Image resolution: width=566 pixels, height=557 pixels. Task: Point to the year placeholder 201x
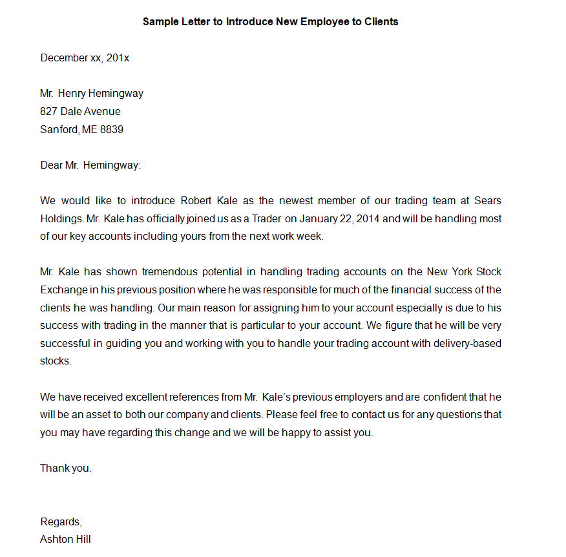[118, 58]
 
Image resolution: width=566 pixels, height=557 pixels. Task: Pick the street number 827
[48, 111]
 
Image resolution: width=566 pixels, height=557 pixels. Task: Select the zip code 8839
[112, 129]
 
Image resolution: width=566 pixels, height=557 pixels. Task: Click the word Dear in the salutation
[51, 165]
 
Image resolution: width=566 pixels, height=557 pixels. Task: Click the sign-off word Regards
[61, 522]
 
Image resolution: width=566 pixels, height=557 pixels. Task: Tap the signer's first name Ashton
[56, 539]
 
